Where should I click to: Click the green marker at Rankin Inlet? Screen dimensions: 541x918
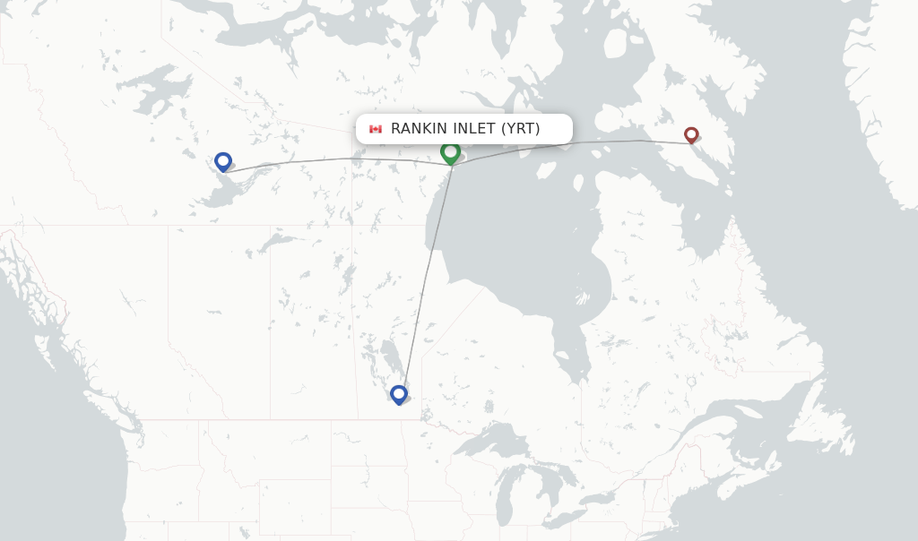pyautogui.click(x=450, y=152)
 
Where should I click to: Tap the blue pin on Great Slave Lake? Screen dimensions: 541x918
pyautogui.click(x=223, y=161)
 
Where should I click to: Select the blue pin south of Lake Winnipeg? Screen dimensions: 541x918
pyautogui.click(x=399, y=393)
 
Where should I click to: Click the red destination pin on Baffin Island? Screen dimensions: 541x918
pyautogui.click(x=691, y=134)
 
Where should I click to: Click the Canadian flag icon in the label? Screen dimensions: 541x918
pyautogui.click(x=376, y=129)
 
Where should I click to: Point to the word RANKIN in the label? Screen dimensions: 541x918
pyautogui.click(x=419, y=129)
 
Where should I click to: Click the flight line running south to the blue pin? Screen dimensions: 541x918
pyautogui.click(x=426, y=278)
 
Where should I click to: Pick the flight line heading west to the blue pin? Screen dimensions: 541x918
pyautogui.click(x=341, y=159)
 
